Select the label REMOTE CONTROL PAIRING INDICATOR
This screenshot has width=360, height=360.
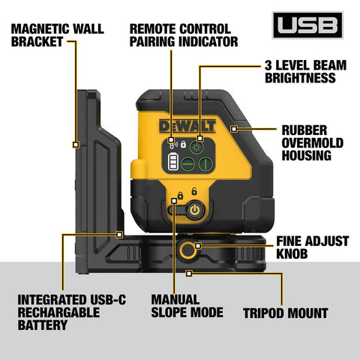coord(183,34)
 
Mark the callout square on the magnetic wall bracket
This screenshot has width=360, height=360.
coord(76,142)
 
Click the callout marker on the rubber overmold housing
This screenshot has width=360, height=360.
coord(235,130)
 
